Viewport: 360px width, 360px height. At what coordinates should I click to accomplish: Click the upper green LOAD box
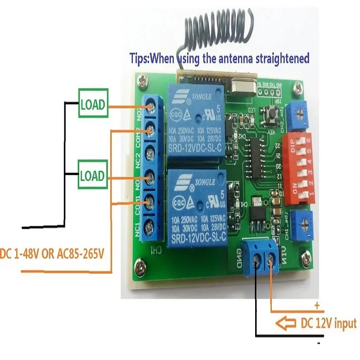[93, 105]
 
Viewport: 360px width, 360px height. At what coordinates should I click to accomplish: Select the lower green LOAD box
[93, 175]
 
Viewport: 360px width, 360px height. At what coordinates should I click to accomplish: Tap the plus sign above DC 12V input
[317, 306]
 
